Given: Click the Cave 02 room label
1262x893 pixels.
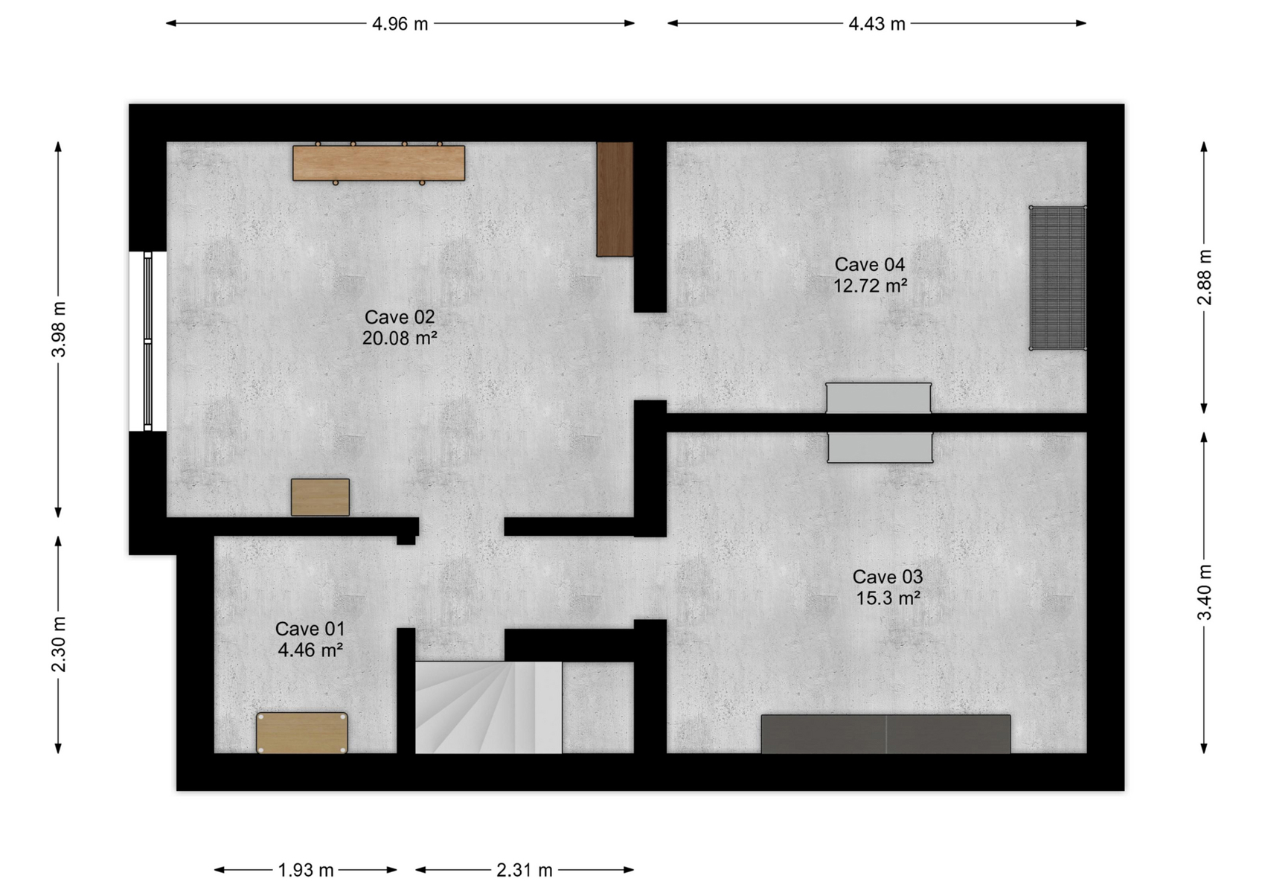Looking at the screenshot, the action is [x=400, y=317].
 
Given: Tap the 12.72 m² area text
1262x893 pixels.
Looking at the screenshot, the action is [x=870, y=286].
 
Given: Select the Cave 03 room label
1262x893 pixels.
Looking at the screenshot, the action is [x=887, y=577].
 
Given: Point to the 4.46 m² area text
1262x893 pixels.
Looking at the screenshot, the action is [x=310, y=650].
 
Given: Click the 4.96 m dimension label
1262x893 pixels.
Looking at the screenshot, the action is [x=400, y=24].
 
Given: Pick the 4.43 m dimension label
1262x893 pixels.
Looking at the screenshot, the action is [x=877, y=24].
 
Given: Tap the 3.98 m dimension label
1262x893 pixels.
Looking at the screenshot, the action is [x=59, y=329].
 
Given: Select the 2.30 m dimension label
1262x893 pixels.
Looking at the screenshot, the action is [x=59, y=644].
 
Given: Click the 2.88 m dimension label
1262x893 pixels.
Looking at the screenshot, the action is [x=1204, y=277].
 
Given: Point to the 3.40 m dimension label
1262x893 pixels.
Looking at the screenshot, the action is [x=1204, y=592].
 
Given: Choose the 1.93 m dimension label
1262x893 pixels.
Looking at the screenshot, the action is [x=306, y=870].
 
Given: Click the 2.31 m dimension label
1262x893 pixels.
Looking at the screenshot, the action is [x=524, y=870].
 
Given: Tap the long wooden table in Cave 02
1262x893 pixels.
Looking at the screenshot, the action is [x=379, y=163].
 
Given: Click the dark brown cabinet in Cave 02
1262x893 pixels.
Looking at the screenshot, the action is [x=615, y=199].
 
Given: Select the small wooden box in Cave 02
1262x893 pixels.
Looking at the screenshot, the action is [x=320, y=497].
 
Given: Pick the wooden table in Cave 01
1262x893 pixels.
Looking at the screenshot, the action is [x=302, y=732].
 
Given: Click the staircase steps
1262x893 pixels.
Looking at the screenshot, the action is [x=488, y=707].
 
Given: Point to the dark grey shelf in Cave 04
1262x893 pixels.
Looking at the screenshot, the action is [x=1058, y=278].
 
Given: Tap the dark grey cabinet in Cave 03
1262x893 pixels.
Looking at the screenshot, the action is [x=885, y=734].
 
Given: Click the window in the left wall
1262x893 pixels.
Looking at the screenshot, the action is [x=147, y=342].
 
